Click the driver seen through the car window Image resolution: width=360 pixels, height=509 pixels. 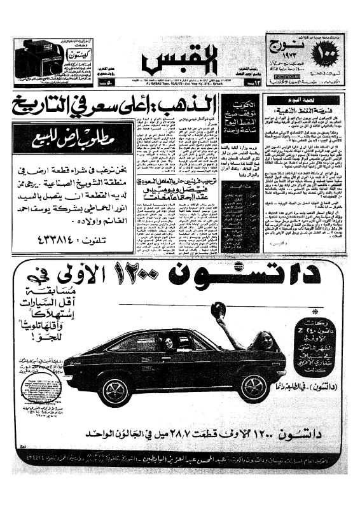click(169, 344)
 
